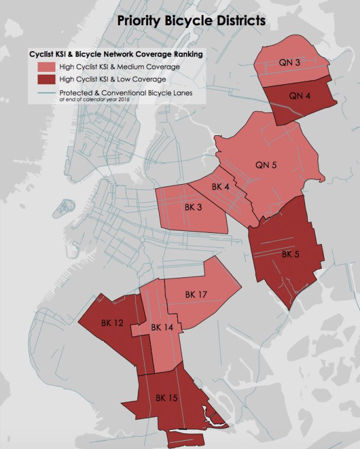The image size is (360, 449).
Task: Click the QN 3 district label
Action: tap(289, 63)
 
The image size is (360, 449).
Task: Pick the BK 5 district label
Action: tap(291, 254)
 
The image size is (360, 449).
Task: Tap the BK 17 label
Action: tap(196, 294)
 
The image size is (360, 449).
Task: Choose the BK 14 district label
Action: tap(162, 327)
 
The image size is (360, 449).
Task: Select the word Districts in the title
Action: tap(239, 22)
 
